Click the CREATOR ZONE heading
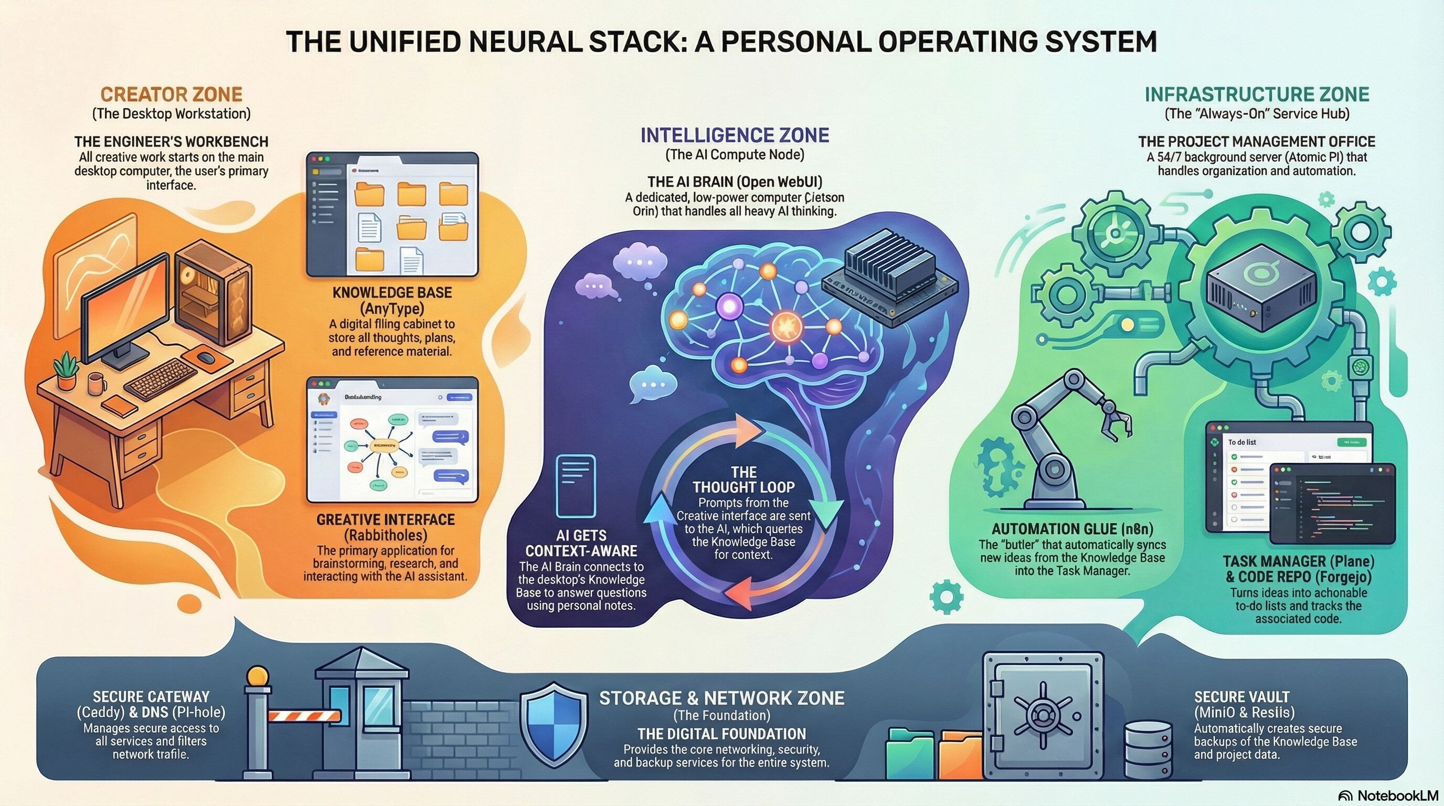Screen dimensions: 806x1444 171,94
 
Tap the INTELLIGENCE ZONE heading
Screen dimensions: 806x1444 735,135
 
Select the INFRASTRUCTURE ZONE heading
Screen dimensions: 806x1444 1257,94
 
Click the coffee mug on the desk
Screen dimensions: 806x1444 97,384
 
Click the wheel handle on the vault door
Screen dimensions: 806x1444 1042,716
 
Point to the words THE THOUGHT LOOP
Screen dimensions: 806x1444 744,480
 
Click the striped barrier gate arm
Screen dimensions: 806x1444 304,716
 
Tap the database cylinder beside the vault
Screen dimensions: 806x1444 1148,749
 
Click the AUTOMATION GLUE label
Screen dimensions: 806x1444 1072,529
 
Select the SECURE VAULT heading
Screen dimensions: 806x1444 1241,697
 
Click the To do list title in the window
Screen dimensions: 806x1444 1241,442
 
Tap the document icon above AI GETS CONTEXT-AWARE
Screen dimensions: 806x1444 575,485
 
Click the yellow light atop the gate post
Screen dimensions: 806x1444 258,676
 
